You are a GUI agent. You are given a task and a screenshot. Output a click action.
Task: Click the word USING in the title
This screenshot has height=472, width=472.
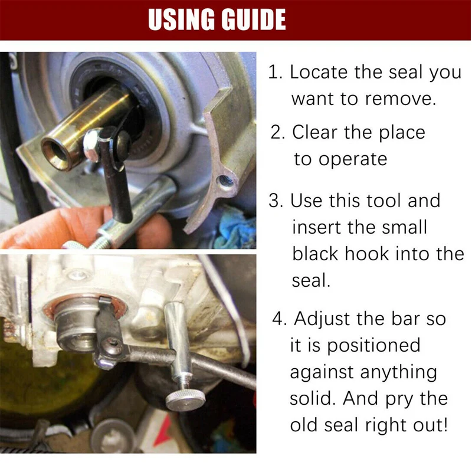(x=181, y=19)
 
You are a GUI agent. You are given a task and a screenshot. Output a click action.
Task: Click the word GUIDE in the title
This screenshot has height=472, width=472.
(x=254, y=19)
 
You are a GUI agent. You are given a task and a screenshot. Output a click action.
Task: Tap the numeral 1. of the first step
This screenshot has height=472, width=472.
(x=275, y=73)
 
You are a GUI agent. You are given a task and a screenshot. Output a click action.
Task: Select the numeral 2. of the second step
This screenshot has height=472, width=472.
(x=277, y=132)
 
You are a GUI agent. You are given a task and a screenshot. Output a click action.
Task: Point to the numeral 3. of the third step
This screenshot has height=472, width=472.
(x=276, y=201)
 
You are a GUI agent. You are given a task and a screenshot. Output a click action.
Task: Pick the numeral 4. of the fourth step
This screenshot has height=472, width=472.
(x=280, y=319)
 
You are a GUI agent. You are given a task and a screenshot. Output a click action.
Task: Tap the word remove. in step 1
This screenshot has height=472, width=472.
(x=401, y=99)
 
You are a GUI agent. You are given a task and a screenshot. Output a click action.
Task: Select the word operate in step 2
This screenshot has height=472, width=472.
(x=353, y=159)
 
